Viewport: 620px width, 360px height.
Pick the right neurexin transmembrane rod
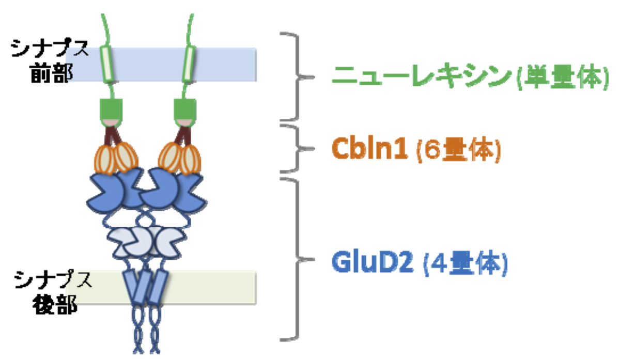(x=189, y=65)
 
